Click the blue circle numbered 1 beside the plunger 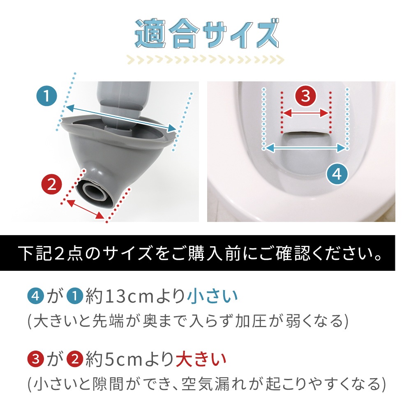(47, 96)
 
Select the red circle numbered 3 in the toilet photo (306, 96)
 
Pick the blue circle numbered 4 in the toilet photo (337, 174)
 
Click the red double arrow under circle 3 (306, 113)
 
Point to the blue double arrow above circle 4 (306, 148)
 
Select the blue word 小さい (212, 296)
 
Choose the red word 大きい (201, 359)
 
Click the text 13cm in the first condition (129, 296)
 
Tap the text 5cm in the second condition (123, 359)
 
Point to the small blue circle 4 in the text (35, 296)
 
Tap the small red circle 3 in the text (35, 359)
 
